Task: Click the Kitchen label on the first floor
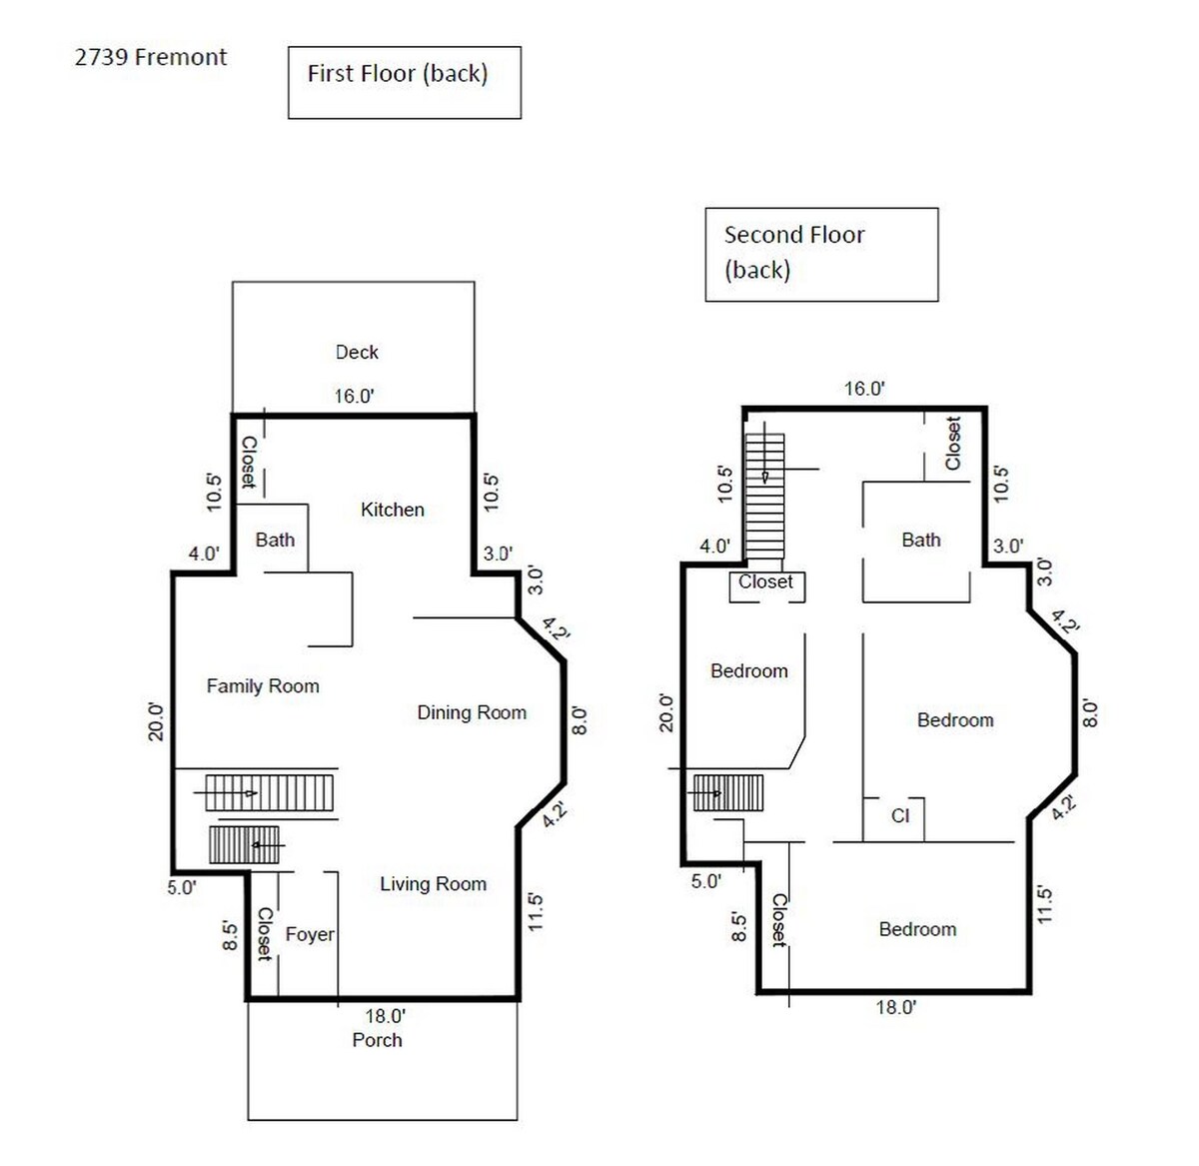[392, 510]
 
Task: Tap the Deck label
[357, 352]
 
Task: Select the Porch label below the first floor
[377, 1040]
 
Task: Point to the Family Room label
[263, 686]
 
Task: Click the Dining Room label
[472, 712]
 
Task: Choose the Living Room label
[434, 884]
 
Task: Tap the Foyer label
[310, 934]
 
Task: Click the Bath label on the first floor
[275, 540]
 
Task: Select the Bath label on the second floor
[921, 540]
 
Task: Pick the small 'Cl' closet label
[900, 816]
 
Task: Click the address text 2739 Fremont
[151, 57]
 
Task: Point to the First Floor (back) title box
[405, 83]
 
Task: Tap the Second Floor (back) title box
[822, 255]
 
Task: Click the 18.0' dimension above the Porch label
[385, 1015]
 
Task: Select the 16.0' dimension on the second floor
[864, 389]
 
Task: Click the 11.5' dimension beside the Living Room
[535, 912]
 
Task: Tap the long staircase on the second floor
[764, 497]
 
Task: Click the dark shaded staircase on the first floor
[244, 845]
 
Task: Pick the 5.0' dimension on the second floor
[706, 881]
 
